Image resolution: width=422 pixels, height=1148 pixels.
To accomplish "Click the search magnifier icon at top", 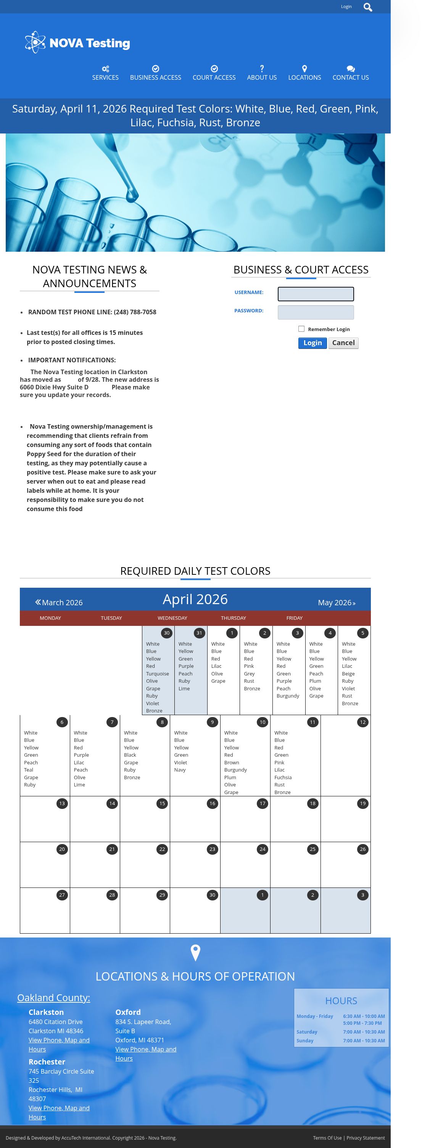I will (368, 7).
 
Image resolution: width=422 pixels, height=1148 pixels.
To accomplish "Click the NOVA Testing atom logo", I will (35, 42).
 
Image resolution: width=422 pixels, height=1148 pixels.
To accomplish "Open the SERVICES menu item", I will (105, 73).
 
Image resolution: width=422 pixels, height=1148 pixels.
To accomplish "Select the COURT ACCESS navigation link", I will (214, 73).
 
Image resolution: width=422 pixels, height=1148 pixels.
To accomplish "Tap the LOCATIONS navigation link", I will (304, 73).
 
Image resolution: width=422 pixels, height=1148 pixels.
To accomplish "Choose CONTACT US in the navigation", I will (350, 73).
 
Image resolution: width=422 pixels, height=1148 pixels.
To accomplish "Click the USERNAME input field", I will (316, 294).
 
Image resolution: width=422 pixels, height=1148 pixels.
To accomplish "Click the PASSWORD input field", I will (316, 312).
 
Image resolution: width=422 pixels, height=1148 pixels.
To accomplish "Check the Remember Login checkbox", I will (301, 329).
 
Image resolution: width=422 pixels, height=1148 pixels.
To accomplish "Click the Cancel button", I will (343, 343).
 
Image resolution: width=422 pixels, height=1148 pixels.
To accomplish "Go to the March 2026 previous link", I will (59, 603).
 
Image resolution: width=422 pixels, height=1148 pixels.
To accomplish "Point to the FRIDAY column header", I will (294, 618).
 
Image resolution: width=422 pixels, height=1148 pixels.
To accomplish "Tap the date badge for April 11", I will (312, 722).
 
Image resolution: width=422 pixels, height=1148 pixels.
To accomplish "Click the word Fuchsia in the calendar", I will (283, 777).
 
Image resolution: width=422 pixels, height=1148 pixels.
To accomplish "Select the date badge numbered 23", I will (212, 849).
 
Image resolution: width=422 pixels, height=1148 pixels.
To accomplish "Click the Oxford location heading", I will (128, 1012).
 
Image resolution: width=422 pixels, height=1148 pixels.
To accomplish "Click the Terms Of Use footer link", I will (327, 1138).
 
